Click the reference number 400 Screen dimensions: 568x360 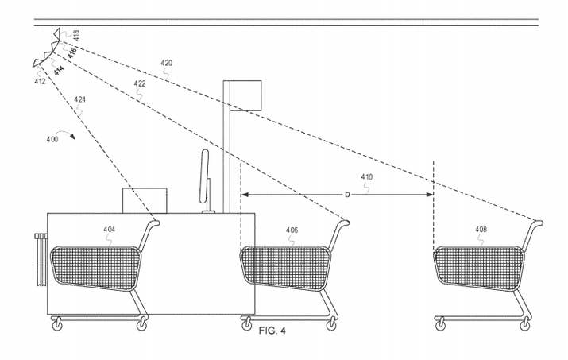click(x=52, y=139)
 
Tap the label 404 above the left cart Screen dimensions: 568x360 click(x=109, y=230)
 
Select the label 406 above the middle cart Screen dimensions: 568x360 click(x=292, y=230)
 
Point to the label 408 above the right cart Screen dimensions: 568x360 click(x=481, y=229)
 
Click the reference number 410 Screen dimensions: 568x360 click(x=366, y=176)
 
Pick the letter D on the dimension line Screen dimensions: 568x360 click(x=347, y=195)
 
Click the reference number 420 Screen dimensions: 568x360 click(x=166, y=63)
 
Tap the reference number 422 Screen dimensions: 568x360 click(x=140, y=83)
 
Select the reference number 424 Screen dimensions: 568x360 click(x=79, y=99)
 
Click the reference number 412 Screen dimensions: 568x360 click(x=40, y=82)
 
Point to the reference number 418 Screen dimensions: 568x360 click(x=76, y=35)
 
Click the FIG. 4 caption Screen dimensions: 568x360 click(x=272, y=331)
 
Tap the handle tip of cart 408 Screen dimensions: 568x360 click(x=540, y=222)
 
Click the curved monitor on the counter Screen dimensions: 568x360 click(x=205, y=176)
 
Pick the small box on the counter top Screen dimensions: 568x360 click(x=145, y=200)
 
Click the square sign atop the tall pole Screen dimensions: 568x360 click(x=245, y=95)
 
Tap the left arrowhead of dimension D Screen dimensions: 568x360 click(x=245, y=195)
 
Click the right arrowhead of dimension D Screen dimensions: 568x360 click(x=430, y=195)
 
